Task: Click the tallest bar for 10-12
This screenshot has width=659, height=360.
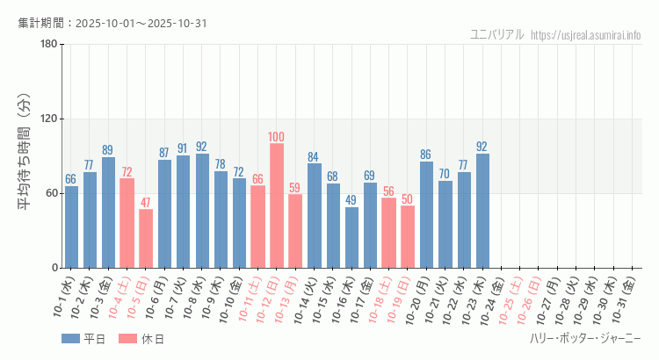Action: (277, 205)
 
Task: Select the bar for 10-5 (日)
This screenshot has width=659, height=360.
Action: (146, 238)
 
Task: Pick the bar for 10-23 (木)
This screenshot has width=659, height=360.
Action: (482, 211)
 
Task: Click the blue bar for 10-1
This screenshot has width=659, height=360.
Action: (71, 227)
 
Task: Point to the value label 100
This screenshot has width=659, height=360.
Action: (277, 136)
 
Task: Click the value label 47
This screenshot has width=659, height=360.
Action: (146, 202)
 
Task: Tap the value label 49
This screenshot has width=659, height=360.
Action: (351, 200)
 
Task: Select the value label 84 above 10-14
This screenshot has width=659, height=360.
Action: (314, 157)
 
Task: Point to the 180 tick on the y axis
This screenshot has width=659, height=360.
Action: (49, 45)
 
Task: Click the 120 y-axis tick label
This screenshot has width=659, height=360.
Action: (49, 119)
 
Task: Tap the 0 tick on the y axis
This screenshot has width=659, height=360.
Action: (54, 268)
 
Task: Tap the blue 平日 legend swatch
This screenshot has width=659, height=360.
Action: (71, 339)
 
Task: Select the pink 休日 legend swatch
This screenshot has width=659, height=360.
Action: (127, 339)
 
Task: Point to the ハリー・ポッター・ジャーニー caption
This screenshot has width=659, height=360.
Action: (585, 339)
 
